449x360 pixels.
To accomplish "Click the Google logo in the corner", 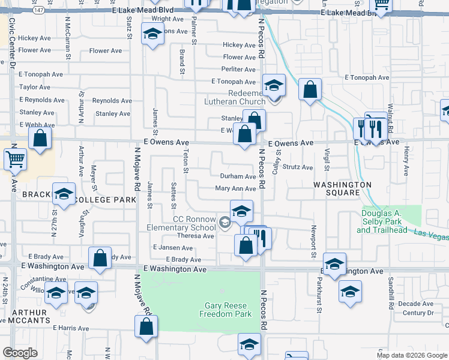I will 20,353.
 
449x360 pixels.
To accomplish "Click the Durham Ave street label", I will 238,177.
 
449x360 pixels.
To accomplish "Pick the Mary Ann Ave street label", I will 236,189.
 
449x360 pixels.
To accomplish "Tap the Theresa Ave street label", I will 196,236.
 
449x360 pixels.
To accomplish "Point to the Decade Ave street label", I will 418,304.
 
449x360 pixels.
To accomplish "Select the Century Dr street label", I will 418,313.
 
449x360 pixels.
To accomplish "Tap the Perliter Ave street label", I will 239,70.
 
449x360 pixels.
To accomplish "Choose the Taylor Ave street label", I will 35,87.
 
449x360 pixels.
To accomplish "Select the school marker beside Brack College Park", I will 64,194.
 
